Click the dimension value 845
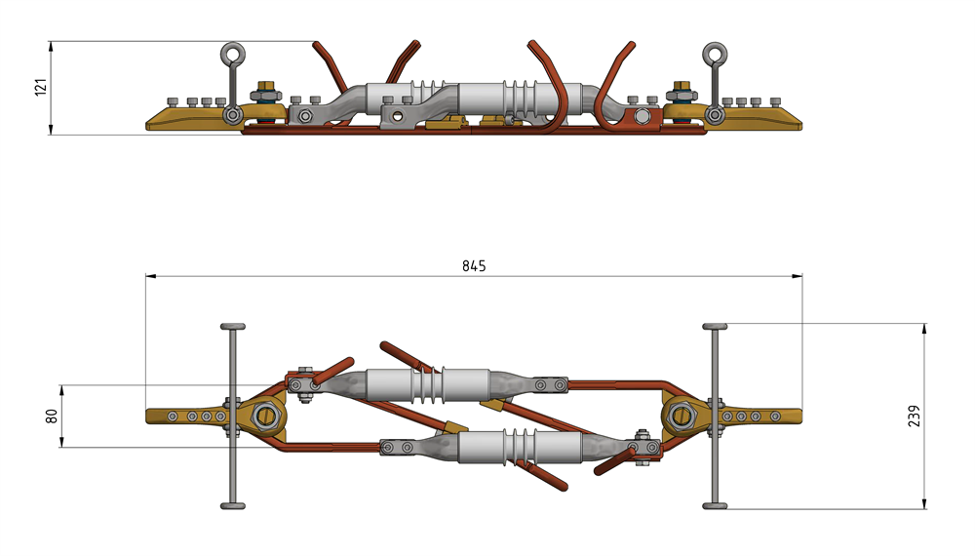tap(474, 265)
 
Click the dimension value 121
tap(40, 88)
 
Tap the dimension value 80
tap(52, 417)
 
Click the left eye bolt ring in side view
tap(233, 54)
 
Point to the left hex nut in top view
tap(265, 417)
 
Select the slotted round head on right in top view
tap(682, 417)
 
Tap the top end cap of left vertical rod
tap(233, 325)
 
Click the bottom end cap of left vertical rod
tap(233, 505)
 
